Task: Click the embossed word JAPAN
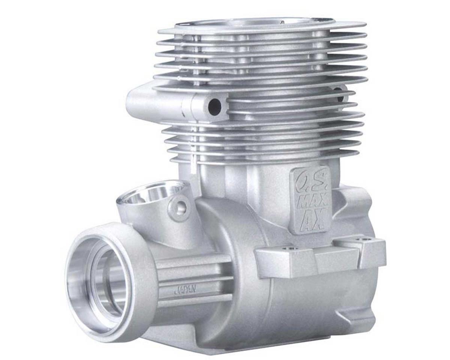click(x=185, y=289)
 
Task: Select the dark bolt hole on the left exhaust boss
click(x=215, y=106)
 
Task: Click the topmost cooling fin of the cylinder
click(x=262, y=27)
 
